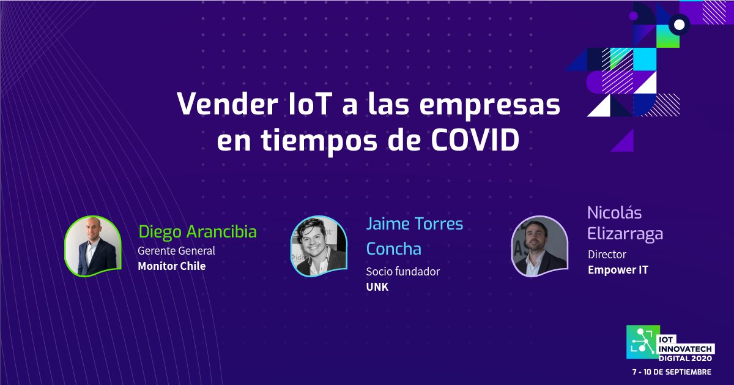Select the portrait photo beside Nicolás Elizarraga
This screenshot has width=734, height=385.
click(539, 246)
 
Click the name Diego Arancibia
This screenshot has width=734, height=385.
click(197, 232)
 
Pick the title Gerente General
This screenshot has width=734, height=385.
click(176, 251)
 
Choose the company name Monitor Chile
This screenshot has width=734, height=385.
click(171, 266)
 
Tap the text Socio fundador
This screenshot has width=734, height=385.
click(402, 272)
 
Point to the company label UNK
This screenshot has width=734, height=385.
click(377, 287)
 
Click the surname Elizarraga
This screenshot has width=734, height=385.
click(625, 234)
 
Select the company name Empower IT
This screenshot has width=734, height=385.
click(618, 269)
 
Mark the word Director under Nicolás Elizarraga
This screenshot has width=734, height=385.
click(607, 254)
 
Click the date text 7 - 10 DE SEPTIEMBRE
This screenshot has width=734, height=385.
click(672, 372)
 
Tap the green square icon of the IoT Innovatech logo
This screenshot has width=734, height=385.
click(640, 342)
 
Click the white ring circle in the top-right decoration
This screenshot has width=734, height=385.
click(678, 24)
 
